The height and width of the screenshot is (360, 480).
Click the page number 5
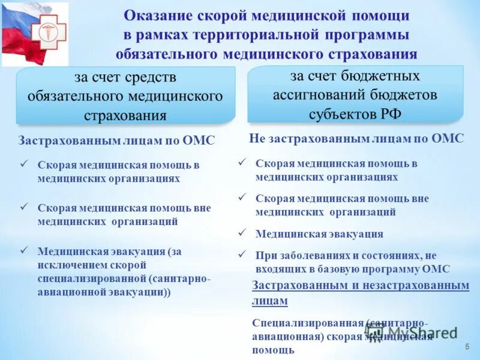point(467,348)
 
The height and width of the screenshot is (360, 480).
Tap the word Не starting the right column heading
point(257,139)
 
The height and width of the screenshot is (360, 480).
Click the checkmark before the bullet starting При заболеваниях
point(242,254)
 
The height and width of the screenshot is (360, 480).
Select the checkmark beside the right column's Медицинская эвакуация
point(242,233)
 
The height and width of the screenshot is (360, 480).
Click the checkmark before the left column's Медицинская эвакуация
point(25,250)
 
